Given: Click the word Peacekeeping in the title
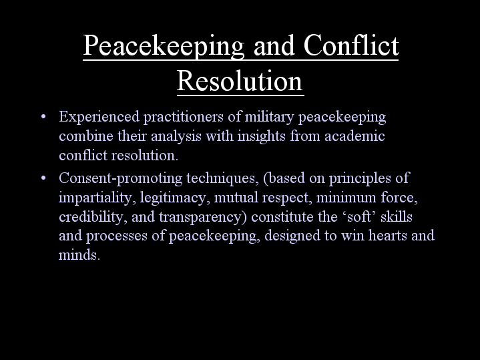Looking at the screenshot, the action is click(164, 46).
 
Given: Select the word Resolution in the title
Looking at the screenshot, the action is click(240, 81).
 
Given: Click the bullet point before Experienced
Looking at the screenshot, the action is click(43, 117).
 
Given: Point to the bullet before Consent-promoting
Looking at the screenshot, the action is click(43, 178).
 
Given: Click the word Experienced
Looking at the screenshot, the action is click(99, 118).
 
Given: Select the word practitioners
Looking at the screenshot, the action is click(184, 118).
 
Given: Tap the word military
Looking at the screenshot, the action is click(270, 118).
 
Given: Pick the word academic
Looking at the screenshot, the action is click(354, 136).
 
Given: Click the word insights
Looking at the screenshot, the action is click(262, 137).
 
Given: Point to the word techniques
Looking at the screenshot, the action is click(222, 178).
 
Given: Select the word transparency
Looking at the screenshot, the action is click(203, 217).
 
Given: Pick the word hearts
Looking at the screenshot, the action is click(388, 235).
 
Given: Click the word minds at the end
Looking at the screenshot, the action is click(79, 254).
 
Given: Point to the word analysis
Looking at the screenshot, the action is click(176, 137).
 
